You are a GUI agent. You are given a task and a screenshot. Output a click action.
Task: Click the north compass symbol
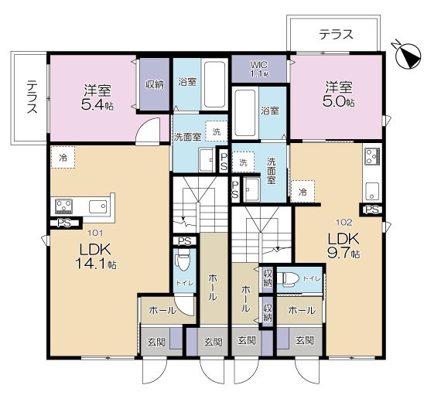[407, 52]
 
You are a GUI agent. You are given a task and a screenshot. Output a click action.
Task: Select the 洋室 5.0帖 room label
[340, 93]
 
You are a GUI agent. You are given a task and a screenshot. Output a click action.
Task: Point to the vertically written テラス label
[32, 97]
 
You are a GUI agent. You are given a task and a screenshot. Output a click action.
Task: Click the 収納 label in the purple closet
[154, 83]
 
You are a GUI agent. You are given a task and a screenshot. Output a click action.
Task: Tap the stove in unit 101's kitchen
[63, 206]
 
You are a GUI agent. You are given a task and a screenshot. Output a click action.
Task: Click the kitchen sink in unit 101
[97, 206]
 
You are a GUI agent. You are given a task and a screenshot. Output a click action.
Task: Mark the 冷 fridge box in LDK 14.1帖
[63, 157]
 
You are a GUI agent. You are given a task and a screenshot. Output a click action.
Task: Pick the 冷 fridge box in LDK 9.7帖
[303, 190]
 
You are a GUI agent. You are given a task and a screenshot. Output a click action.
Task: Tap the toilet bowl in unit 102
[289, 279]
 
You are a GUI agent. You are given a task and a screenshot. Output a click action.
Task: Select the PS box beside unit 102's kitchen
[371, 210]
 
